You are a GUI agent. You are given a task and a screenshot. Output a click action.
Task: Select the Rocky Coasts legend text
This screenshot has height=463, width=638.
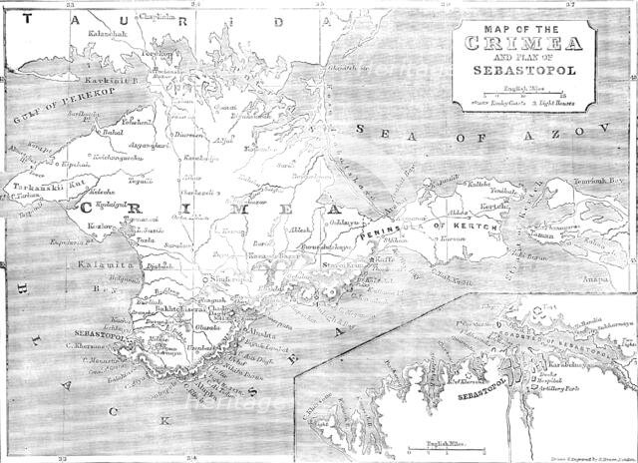pos(490,102)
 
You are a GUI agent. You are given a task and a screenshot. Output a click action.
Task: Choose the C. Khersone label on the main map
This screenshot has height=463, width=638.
pos(79,345)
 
